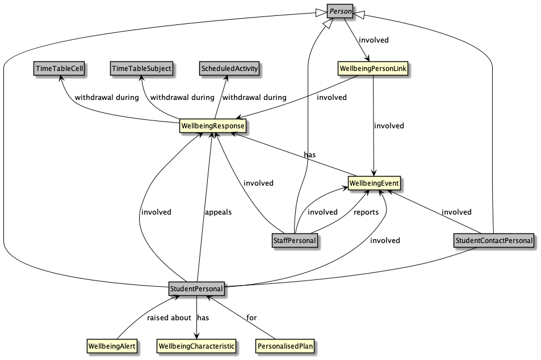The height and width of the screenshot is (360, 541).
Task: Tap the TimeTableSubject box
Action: point(141,69)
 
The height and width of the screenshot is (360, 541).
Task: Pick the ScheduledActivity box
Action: point(229,69)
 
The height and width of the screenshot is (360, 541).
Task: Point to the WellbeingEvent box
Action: point(374,183)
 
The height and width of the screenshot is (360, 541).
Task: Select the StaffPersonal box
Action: point(294,241)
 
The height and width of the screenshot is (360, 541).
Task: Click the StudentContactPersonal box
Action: point(494,241)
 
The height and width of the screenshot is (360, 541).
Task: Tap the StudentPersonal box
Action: point(196,289)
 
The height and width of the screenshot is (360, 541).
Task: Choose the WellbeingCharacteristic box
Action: point(196,345)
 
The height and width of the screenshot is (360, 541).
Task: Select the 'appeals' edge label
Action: point(217,212)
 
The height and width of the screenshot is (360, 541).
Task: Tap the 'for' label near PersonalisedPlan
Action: point(251,317)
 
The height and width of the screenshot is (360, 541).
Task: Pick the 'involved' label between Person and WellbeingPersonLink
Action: point(374,40)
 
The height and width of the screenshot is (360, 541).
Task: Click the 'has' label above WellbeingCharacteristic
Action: point(203,317)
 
